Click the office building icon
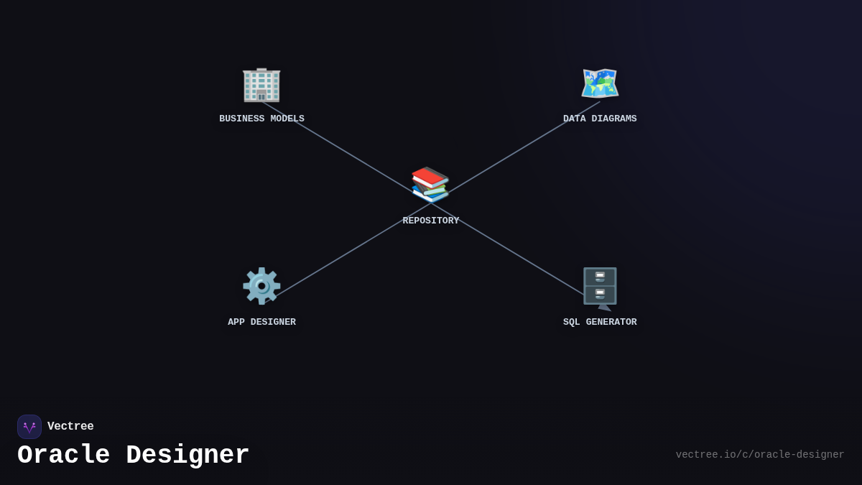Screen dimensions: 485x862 coord(261,84)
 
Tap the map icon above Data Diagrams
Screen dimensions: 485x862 coord(600,84)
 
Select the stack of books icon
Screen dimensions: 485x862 coord(430,185)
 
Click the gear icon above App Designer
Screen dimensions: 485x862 coord(261,286)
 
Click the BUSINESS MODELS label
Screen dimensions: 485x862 coord(261,119)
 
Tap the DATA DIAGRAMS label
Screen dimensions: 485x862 coord(600,119)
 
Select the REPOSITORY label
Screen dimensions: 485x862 coord(430,221)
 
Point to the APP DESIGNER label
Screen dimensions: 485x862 coord(261,323)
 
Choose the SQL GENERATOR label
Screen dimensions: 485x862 coord(600,323)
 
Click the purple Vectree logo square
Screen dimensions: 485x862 coord(29,427)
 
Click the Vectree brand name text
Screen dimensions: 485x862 coord(70,427)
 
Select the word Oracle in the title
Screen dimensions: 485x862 coord(63,456)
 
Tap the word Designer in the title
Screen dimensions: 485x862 coord(187,456)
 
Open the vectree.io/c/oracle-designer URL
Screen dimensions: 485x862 coord(759,455)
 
